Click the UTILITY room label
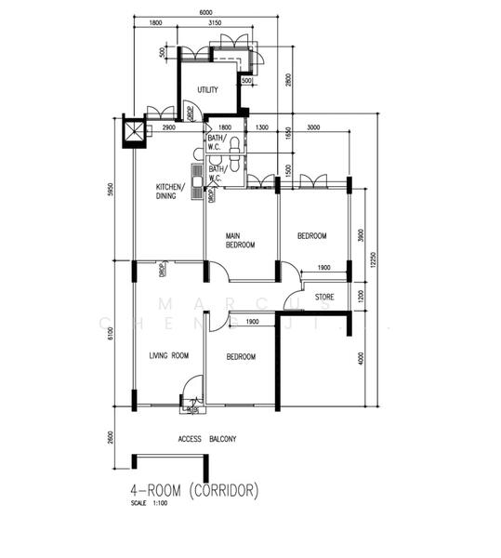coord(206,90)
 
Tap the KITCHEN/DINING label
coord(170,192)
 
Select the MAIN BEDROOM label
coord(240,241)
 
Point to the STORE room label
coord(323,298)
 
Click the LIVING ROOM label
coord(168,355)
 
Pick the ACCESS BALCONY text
coord(206,439)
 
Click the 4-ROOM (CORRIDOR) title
coord(194,488)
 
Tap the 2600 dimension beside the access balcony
coord(111,438)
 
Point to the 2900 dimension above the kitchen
coord(169,126)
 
